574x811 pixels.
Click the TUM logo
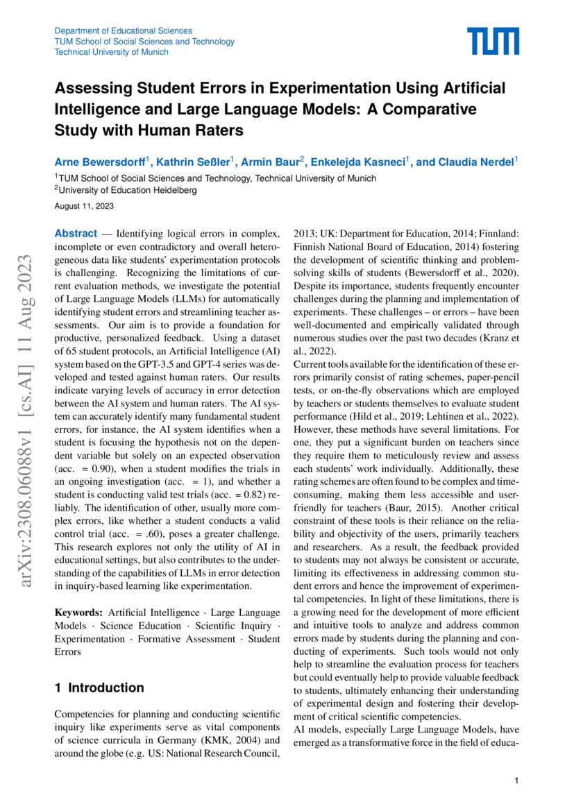coord(492,42)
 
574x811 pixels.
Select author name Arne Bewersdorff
coord(99,162)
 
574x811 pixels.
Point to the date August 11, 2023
coord(84,206)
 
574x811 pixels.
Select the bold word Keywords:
coord(79,613)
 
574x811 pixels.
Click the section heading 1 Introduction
coord(99,688)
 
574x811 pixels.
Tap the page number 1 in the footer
coord(517,781)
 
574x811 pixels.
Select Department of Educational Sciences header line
coord(123,31)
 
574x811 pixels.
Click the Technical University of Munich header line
coord(111,52)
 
